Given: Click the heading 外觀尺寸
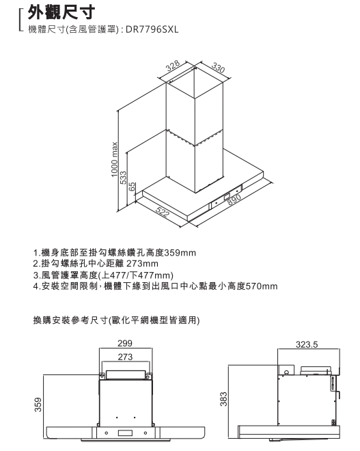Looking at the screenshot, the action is point(61,12).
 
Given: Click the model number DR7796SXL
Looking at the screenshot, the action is point(152,29).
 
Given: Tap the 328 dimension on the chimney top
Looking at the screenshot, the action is point(173,66).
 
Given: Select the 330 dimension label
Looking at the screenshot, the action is point(218,67).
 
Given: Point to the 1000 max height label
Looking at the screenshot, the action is point(115,159).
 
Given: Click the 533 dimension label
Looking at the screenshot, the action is point(124,178).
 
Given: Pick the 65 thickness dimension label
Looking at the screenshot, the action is point(132,187).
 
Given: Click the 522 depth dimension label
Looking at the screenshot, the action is point(163,213).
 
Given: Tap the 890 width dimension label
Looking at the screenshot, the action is point(234,200).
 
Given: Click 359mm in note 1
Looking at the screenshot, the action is point(180,253).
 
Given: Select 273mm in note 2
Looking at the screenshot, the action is point(142,264).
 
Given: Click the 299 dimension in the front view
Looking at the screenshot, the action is point(125,343).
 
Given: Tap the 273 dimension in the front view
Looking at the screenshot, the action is point(125,357).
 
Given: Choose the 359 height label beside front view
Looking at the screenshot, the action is point(38,405).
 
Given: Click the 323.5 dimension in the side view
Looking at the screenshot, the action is point(307,344).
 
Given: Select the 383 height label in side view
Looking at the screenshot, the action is point(223,399).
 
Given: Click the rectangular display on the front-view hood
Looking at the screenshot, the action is point(125,433).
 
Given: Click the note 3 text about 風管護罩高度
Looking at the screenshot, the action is point(103,275).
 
